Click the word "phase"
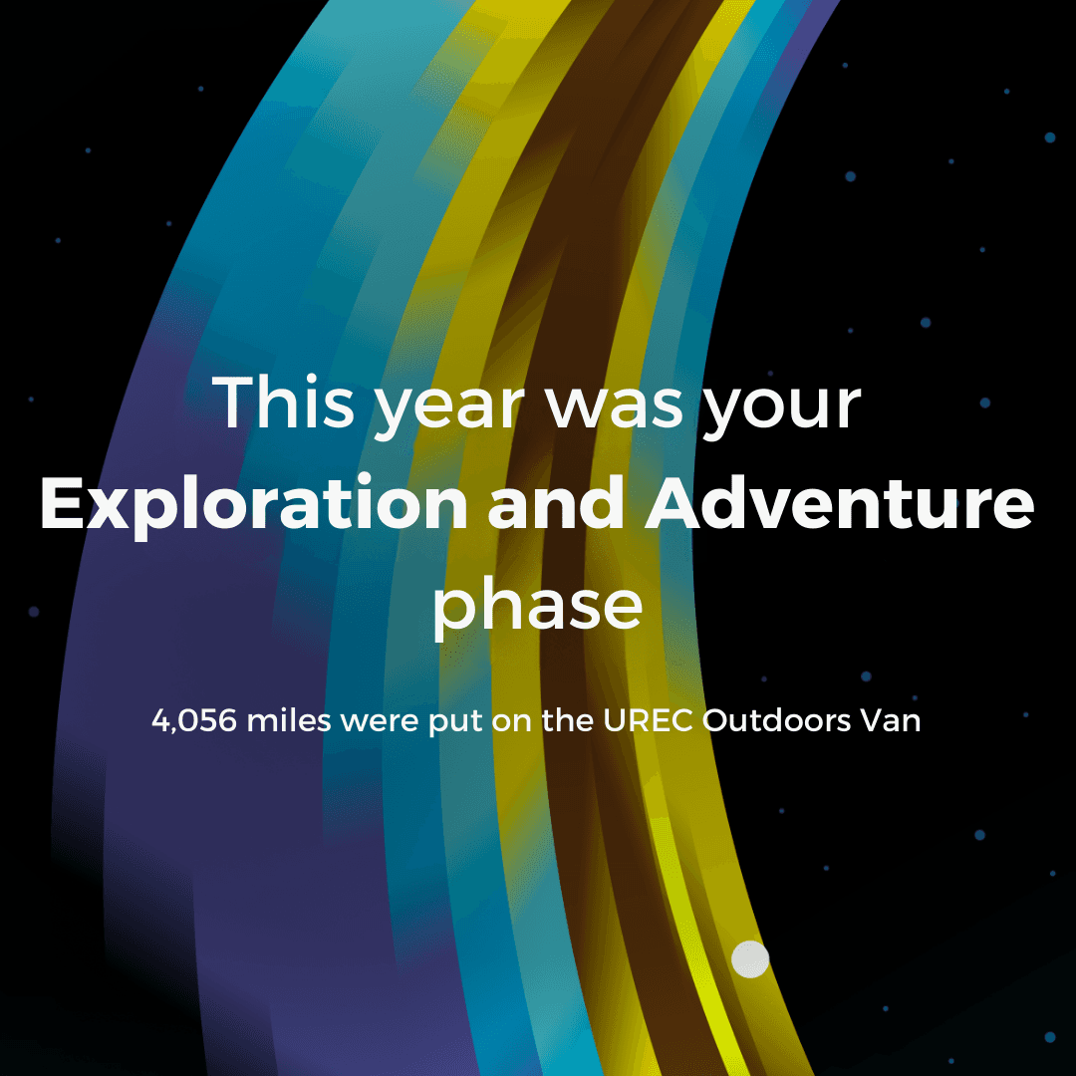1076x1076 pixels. coord(537,607)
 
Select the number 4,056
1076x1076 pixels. coord(193,721)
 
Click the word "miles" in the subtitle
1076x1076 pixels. coord(288,720)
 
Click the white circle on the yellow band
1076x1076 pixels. coord(750,958)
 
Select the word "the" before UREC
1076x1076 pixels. coord(568,720)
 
